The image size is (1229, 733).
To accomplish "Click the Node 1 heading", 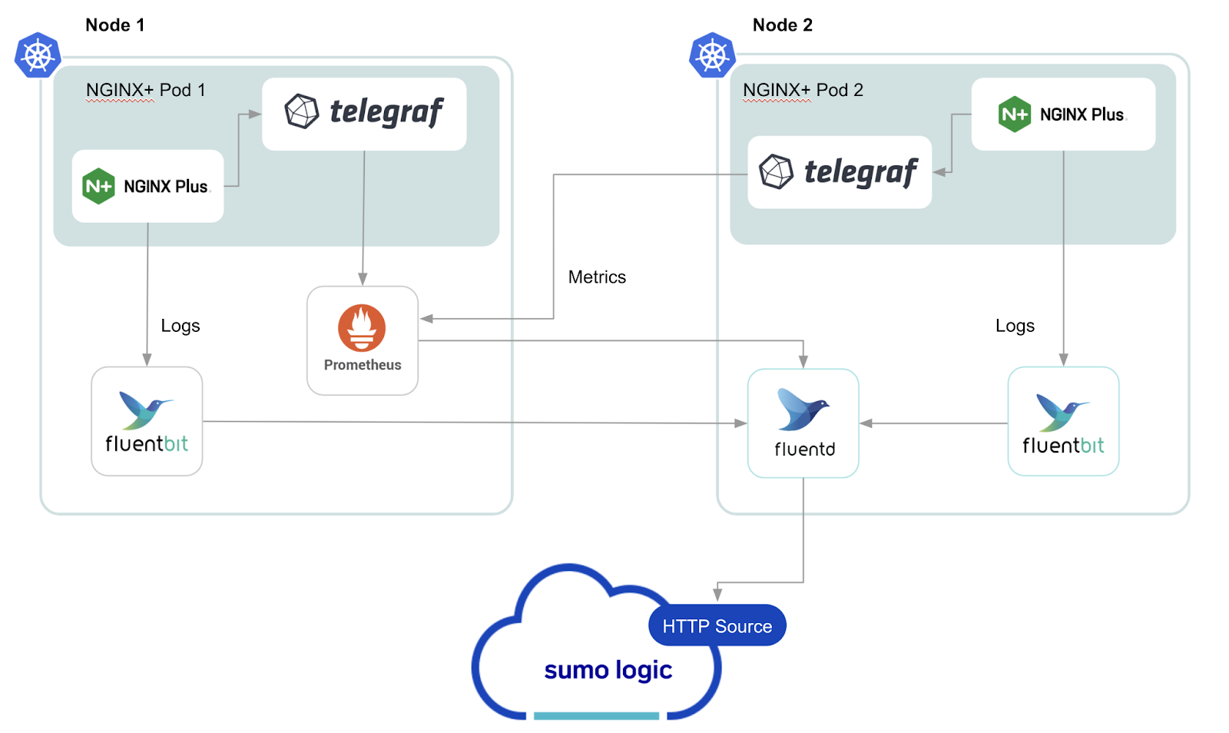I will click(114, 25).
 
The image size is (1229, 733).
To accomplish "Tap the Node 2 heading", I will click(782, 25).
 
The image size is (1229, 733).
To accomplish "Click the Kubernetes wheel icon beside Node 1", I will click(38, 55).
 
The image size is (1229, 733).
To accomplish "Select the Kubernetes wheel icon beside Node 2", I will click(712, 55).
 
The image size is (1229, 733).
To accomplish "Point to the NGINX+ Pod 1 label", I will click(145, 90).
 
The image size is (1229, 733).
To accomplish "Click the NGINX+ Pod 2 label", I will click(803, 90).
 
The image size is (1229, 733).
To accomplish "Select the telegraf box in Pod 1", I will click(364, 114).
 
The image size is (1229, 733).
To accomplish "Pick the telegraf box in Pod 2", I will click(839, 172).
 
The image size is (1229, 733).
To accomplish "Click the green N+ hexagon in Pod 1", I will click(98, 186).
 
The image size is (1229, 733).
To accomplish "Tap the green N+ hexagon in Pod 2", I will click(1014, 114).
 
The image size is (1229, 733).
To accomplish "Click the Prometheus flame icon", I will click(362, 327).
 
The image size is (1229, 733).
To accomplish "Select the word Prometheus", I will click(363, 365).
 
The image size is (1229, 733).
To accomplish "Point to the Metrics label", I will click(597, 277).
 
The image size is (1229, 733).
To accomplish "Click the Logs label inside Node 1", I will click(181, 326).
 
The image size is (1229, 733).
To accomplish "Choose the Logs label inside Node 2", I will click(1015, 326).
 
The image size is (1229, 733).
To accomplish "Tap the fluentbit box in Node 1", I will click(147, 421).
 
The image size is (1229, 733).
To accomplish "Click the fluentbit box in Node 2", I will click(1063, 421).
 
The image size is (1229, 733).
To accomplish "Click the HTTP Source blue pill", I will click(717, 626).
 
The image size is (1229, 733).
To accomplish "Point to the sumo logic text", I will click(608, 670).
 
